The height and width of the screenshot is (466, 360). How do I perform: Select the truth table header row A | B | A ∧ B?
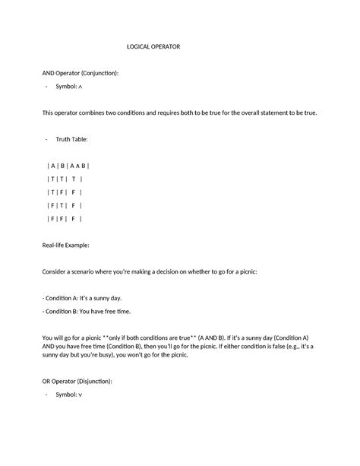(68, 166)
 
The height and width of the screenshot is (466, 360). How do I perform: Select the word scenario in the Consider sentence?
(87, 271)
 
